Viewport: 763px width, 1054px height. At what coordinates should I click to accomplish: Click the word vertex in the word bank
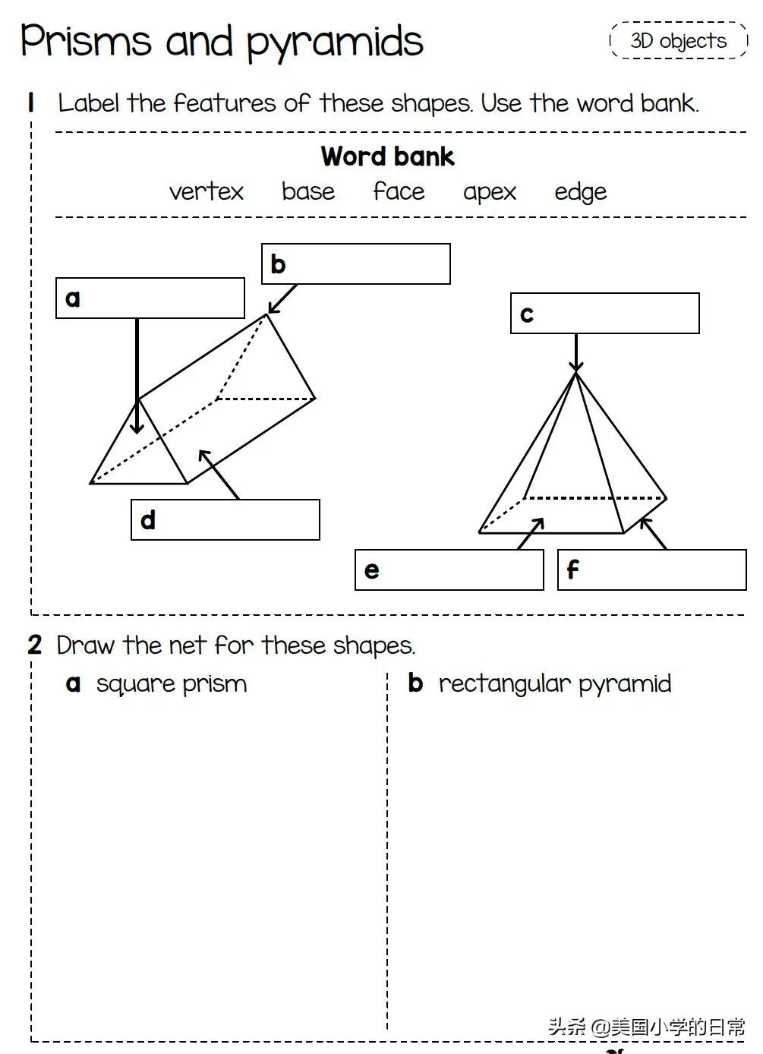click(x=206, y=191)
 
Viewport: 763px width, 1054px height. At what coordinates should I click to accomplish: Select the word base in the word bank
click(x=307, y=191)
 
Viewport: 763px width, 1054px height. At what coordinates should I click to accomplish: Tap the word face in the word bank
click(x=399, y=191)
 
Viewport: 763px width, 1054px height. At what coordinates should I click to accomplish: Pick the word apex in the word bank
click(x=489, y=192)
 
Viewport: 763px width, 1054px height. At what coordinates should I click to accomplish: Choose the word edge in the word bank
click(x=580, y=192)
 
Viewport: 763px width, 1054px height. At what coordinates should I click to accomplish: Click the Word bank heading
click(x=387, y=156)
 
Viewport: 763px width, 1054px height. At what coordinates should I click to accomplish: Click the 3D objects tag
click(x=678, y=40)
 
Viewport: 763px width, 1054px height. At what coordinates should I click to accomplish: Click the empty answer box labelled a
click(x=150, y=298)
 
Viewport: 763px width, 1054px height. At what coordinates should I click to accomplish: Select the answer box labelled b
click(x=356, y=264)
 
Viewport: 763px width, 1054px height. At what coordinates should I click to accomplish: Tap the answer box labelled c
click(x=605, y=314)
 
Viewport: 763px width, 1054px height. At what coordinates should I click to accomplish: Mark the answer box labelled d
click(x=225, y=520)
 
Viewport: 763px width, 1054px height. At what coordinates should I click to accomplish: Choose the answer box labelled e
click(x=449, y=570)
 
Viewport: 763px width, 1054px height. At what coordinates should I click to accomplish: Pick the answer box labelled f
click(x=652, y=570)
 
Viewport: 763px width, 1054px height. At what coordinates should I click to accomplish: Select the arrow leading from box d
click(x=219, y=475)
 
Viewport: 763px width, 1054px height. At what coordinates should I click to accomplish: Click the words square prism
click(x=172, y=683)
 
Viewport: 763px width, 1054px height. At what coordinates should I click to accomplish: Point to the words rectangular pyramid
click(x=555, y=683)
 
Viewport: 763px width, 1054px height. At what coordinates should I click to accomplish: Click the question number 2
click(x=35, y=645)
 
